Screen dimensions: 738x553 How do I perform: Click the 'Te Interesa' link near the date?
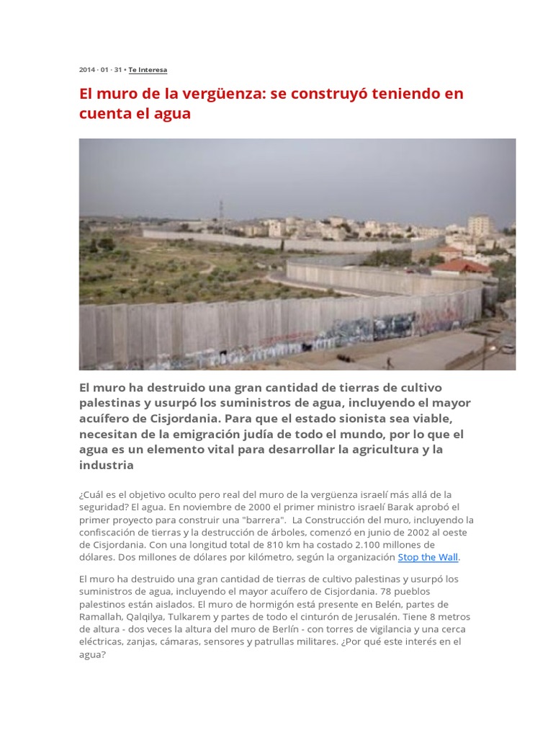tap(148, 70)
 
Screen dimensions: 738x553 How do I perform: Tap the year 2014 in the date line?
tap(87, 70)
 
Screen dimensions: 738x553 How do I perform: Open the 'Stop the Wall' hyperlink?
tap(428, 557)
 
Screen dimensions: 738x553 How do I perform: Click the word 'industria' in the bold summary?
tap(107, 465)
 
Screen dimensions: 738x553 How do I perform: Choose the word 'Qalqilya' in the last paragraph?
tap(146, 616)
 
